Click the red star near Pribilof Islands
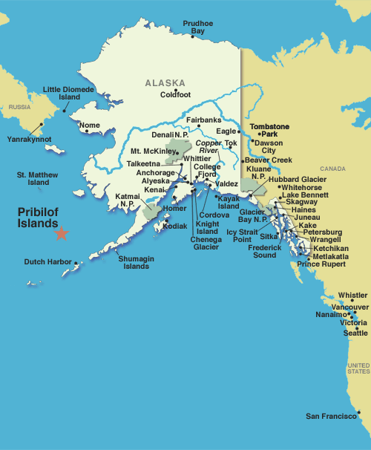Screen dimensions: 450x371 coord(61,233)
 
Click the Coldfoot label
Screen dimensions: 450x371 coord(175,94)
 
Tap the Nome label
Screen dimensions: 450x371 coord(89,125)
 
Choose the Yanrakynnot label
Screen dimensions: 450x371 coord(29,139)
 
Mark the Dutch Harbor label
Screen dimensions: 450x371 coord(47,261)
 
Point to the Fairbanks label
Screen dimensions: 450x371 coord(203,120)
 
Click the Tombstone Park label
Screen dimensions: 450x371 coord(269,130)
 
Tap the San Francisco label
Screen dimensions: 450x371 coord(330,416)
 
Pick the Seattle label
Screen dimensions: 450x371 coord(355,333)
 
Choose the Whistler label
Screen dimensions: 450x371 coord(352,295)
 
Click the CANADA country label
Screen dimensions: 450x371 coord(334,169)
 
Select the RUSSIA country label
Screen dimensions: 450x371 coord(20,107)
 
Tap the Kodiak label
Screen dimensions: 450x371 coord(175,226)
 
